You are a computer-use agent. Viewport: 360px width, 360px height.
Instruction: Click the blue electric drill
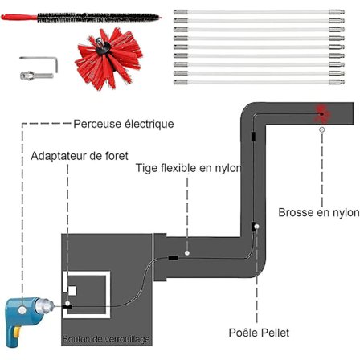(x=27, y=314)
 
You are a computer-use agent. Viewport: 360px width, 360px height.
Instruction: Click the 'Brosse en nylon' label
(x=319, y=213)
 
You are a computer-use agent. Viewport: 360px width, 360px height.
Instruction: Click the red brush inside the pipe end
(x=323, y=113)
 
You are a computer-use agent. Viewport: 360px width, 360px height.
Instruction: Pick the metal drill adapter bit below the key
(x=31, y=75)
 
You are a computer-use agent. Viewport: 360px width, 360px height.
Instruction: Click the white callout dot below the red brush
(x=323, y=129)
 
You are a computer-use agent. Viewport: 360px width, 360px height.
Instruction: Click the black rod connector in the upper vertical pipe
(x=251, y=137)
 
